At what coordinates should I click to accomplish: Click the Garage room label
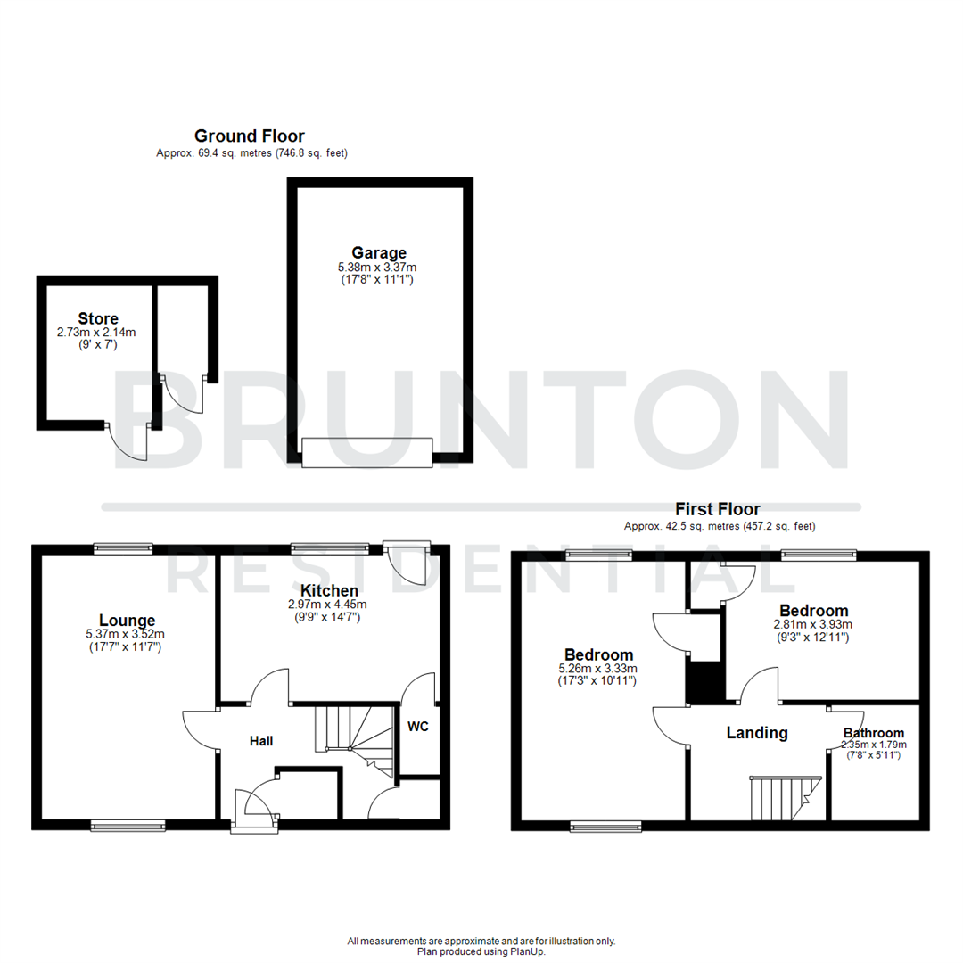[378, 253]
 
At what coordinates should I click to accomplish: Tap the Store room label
[98, 318]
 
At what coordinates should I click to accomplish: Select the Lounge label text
[127, 621]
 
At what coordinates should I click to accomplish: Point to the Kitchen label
[329, 590]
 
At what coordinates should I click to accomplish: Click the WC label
[418, 726]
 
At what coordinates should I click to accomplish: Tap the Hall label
[261, 741]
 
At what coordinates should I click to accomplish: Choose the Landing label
[757, 733]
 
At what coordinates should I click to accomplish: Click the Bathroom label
[874, 733]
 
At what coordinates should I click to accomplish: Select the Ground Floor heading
[250, 136]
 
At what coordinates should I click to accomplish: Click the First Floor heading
[718, 509]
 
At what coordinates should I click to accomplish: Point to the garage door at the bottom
[366, 453]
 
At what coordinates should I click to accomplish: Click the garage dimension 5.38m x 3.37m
[378, 267]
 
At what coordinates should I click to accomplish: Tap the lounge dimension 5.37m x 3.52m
[127, 634]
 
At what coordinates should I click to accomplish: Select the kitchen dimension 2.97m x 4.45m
[329, 604]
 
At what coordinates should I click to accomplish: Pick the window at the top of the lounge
[122, 549]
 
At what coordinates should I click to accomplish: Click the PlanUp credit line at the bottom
[481, 951]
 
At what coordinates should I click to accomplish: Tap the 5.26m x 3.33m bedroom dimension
[598, 669]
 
